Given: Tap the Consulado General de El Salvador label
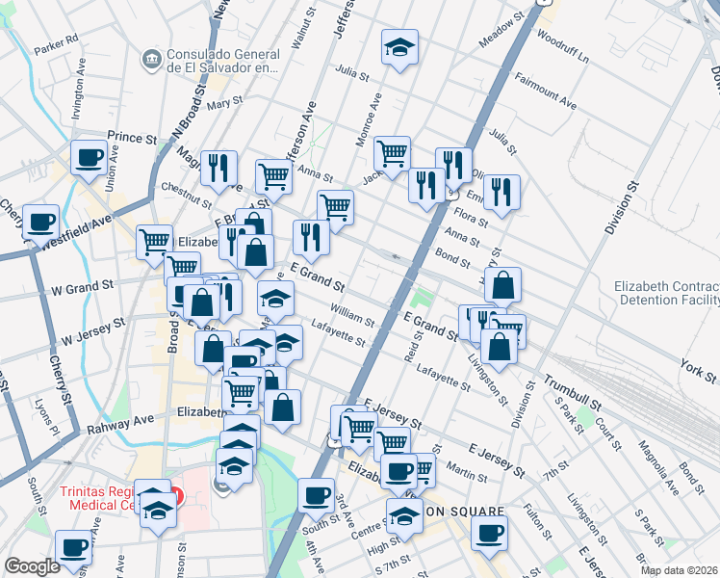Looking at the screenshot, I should (223, 61).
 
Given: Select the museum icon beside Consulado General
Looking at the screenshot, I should (150, 60).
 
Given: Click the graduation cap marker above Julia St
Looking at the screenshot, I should (400, 47).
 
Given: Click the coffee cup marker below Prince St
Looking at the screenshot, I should (90, 158).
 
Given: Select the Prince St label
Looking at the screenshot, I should (132, 139).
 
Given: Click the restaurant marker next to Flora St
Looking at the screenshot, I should (501, 193).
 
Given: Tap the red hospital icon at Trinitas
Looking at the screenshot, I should (176, 498).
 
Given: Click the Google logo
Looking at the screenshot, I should (32, 566).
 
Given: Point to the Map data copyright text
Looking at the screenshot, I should (678, 570).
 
